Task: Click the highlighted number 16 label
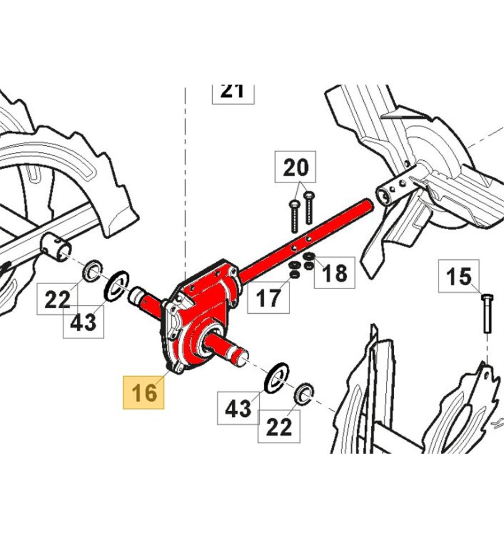pos(144,392)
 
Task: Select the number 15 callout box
pos(459,276)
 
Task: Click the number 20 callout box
pos(295,167)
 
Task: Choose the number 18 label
pos(335,272)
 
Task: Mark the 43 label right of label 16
pos(239,408)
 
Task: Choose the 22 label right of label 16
pos(278,427)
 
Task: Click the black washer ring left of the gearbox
pos(116,285)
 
